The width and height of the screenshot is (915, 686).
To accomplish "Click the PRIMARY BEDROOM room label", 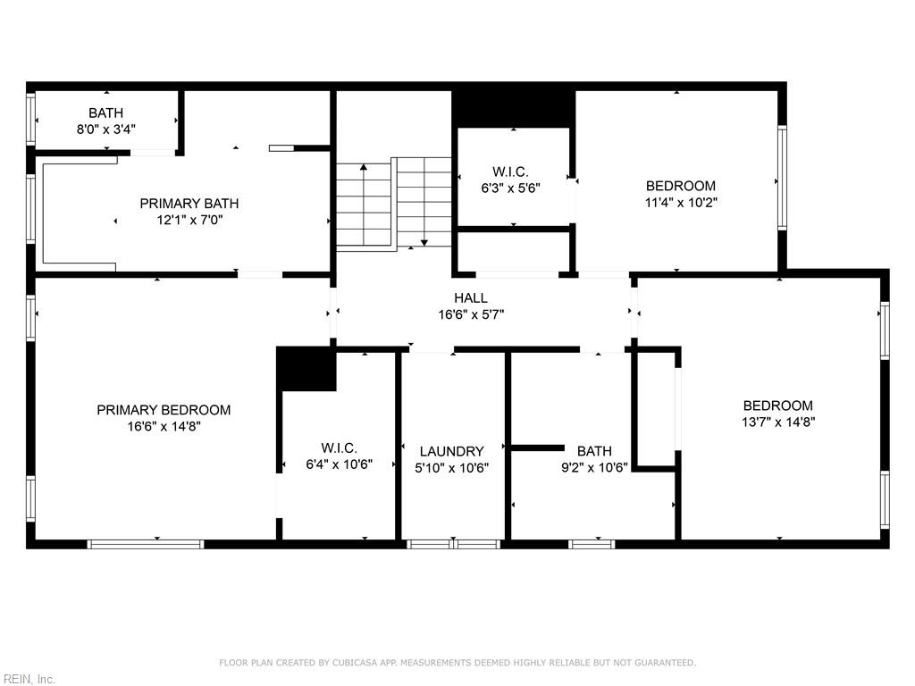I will click(164, 410).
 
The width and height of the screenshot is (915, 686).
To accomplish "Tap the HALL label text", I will click(470, 298).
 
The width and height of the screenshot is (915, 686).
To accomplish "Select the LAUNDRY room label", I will click(451, 452).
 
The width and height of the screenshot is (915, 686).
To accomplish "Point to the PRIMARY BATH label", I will click(189, 204).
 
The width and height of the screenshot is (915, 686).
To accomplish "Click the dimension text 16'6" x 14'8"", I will click(164, 427).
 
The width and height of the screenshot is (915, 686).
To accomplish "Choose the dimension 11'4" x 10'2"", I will click(681, 203).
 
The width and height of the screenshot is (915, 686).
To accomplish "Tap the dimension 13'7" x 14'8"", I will click(778, 422).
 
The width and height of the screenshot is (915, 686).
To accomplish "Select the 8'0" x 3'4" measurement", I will click(105, 129).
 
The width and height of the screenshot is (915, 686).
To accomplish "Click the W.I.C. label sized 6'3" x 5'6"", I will click(510, 171).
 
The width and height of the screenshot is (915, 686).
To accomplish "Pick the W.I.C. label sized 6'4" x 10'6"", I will click(339, 448).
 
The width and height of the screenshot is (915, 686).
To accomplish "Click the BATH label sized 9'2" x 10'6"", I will click(594, 451).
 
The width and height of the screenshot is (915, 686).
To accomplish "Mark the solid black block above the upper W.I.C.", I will click(513, 108).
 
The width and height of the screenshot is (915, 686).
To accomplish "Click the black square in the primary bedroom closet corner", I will click(306, 369).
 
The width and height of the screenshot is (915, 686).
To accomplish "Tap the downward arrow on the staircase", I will click(424, 239).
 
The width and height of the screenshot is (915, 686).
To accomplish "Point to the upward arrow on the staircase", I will click(364, 168).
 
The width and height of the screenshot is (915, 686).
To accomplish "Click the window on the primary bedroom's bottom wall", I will click(146, 543).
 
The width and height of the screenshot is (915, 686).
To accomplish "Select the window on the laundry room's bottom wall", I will click(453, 543).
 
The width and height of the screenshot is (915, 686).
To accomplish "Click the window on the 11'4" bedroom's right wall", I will click(782, 178).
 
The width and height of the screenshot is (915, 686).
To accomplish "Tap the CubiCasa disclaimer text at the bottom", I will click(457, 663).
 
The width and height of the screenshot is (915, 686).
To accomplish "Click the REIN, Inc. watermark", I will click(29, 680).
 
